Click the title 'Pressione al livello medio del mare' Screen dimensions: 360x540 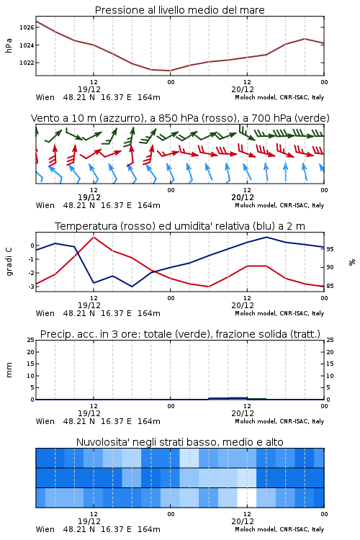pos(179,10)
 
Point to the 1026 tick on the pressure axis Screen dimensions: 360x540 pos(27,27)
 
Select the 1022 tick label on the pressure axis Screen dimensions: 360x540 pos(27,63)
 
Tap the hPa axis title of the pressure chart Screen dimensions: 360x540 pos(9,45)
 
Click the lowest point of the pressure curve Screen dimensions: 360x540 pos(170,71)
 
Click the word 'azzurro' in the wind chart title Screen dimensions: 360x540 pos(121,118)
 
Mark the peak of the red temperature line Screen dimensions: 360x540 pos(94,237)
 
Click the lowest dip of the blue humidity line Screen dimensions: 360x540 pos(132,287)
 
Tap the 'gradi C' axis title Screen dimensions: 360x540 pos(9,261)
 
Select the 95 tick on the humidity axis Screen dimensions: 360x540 pos(330,249)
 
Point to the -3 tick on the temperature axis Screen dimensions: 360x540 pos(32,286)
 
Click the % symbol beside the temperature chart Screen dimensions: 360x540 pos(352,262)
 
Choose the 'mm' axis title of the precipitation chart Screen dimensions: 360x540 pos(9,370)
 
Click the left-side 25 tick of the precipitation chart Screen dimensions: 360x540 pos(31,340)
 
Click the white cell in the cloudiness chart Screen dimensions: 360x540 pos(247,498)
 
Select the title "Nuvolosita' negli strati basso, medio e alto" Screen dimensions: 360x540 pos(179,442)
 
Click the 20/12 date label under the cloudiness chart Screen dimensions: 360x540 pos(243,521)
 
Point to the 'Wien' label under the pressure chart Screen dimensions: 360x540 pos(45,97)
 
